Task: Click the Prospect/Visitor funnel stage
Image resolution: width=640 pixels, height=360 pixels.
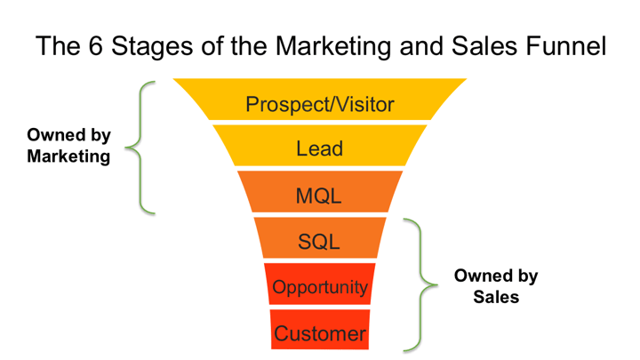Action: [x=320, y=100]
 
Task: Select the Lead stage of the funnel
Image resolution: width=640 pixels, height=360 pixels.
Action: [x=320, y=146]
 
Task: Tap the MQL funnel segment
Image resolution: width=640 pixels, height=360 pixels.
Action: [x=320, y=191]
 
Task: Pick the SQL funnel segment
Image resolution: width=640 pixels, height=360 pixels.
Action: [x=320, y=237]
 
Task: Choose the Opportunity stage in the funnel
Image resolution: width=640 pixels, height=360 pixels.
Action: [x=320, y=284]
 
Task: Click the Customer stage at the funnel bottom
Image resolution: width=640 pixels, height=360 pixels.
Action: [x=320, y=330]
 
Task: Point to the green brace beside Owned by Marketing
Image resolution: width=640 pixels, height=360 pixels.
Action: [x=140, y=148]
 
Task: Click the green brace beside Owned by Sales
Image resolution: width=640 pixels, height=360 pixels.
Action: [x=420, y=285]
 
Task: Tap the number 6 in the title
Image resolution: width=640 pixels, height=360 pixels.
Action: [x=95, y=45]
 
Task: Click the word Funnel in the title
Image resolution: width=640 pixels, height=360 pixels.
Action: [x=565, y=45]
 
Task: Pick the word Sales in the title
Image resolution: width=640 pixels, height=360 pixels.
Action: [x=485, y=45]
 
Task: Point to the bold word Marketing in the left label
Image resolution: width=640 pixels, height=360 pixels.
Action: [x=68, y=156]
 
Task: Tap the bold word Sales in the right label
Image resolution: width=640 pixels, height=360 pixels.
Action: [x=496, y=297]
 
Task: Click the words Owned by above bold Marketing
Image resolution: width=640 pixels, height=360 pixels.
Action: [x=68, y=136]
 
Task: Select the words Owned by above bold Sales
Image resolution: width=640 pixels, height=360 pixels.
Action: [x=496, y=276]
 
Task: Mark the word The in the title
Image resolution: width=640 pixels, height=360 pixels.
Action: [x=59, y=45]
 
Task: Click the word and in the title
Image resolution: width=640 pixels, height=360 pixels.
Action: [x=420, y=45]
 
